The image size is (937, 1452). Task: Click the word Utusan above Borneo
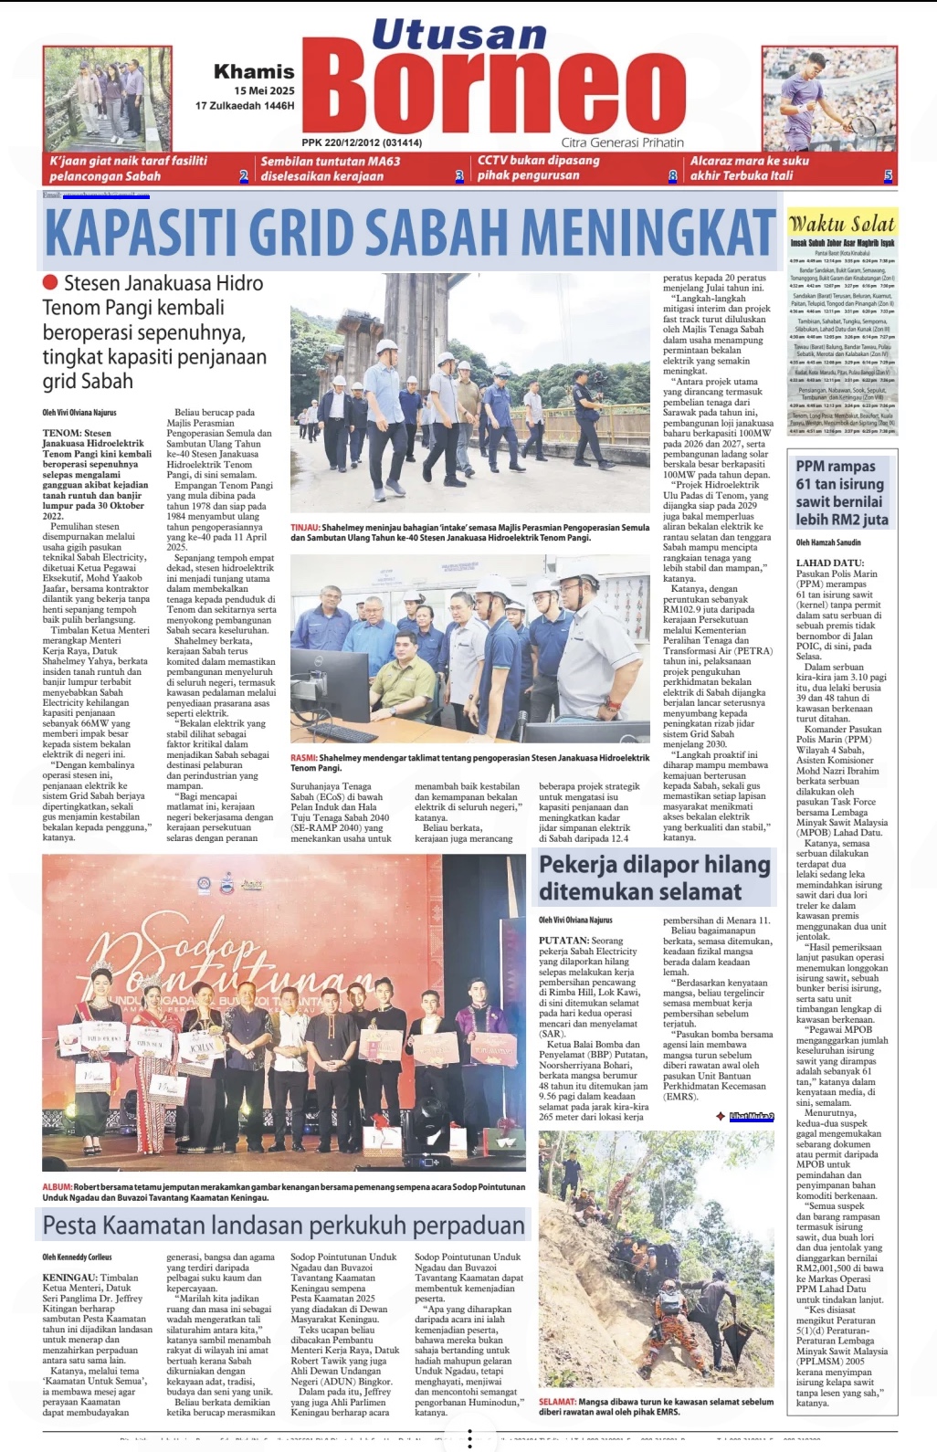point(458,35)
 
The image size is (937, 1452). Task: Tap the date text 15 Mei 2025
point(264,90)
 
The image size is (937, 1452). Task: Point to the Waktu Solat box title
point(841,224)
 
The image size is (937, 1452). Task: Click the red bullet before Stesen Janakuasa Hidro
point(50,283)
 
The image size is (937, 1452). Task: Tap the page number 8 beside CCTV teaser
point(673,176)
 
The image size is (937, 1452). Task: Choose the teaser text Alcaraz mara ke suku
point(749,161)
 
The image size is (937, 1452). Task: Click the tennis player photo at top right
point(829,99)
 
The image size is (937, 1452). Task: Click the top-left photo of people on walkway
point(107,99)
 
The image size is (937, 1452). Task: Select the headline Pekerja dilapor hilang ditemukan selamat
point(654,878)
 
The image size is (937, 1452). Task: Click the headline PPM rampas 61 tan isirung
point(840,493)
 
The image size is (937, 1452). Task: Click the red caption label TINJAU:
point(304,528)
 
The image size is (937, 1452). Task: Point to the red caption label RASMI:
point(303,758)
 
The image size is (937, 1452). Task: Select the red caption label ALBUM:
point(57,1187)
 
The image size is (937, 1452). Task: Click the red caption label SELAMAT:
point(556,1402)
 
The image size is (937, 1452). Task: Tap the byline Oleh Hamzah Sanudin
point(828,542)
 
